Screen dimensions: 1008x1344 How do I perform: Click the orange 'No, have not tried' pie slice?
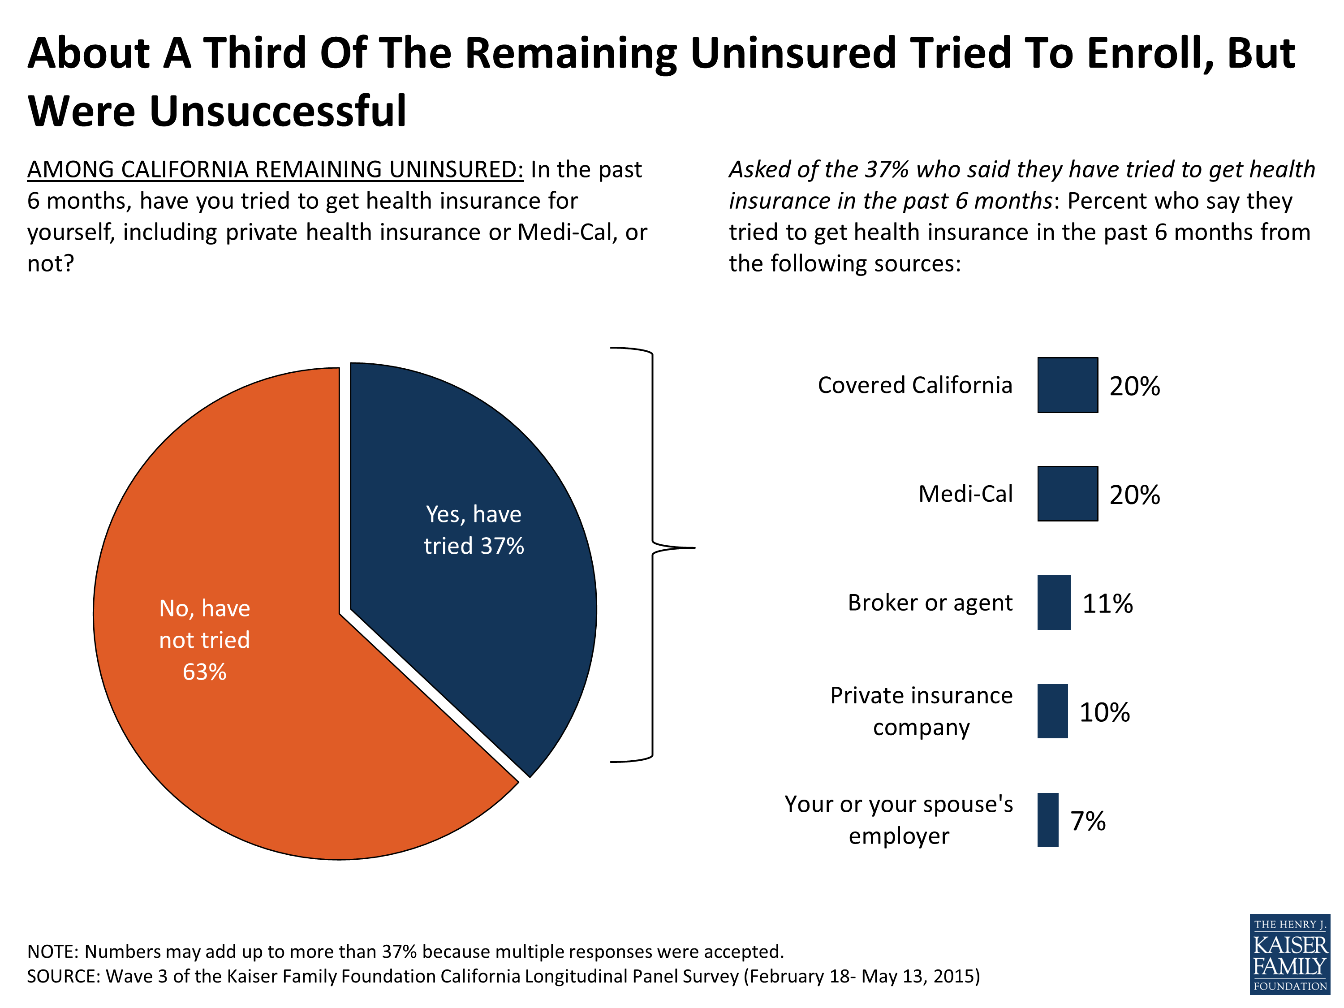point(243,729)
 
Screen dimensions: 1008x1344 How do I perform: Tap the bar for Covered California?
point(1067,385)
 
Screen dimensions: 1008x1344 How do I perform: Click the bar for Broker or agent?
point(1054,603)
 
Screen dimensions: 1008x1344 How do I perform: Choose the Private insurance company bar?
point(1052,711)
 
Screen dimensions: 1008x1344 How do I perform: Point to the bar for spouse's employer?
point(1047,820)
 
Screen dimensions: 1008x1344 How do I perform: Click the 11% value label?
point(1107,604)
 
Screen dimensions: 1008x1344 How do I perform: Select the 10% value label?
point(1104,713)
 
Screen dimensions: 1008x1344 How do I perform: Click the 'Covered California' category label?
point(914,385)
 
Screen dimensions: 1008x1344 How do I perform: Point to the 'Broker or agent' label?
point(930,603)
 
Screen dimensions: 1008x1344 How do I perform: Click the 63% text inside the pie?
point(204,672)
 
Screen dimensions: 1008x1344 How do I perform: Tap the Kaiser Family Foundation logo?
point(1290,954)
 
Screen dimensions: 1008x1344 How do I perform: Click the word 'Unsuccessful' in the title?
point(278,112)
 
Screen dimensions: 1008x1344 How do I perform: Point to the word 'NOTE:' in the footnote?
point(52,952)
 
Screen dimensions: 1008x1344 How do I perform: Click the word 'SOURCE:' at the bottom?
point(63,976)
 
